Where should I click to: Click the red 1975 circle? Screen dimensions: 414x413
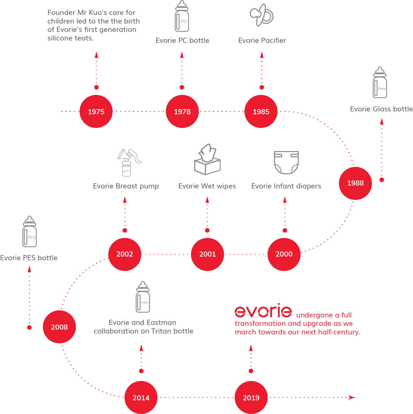(x=96, y=111)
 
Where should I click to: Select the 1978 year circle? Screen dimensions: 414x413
(x=182, y=111)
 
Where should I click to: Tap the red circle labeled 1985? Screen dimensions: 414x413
(x=261, y=111)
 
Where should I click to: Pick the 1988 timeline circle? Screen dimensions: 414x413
(x=355, y=183)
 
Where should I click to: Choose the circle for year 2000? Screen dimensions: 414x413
(x=284, y=254)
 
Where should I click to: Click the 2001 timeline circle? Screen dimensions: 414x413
(x=207, y=254)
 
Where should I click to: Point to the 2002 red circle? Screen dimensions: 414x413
(x=125, y=254)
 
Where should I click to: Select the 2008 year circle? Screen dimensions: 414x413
(x=59, y=327)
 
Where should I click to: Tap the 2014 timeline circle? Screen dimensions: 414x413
(x=141, y=397)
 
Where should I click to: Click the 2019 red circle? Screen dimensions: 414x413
(x=251, y=397)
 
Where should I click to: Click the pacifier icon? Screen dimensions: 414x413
(x=262, y=15)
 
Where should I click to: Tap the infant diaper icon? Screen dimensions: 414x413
(x=286, y=162)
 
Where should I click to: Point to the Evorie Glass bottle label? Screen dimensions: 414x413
(x=381, y=109)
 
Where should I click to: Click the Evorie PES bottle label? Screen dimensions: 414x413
(x=29, y=258)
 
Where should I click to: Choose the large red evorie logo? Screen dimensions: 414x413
(x=263, y=311)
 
